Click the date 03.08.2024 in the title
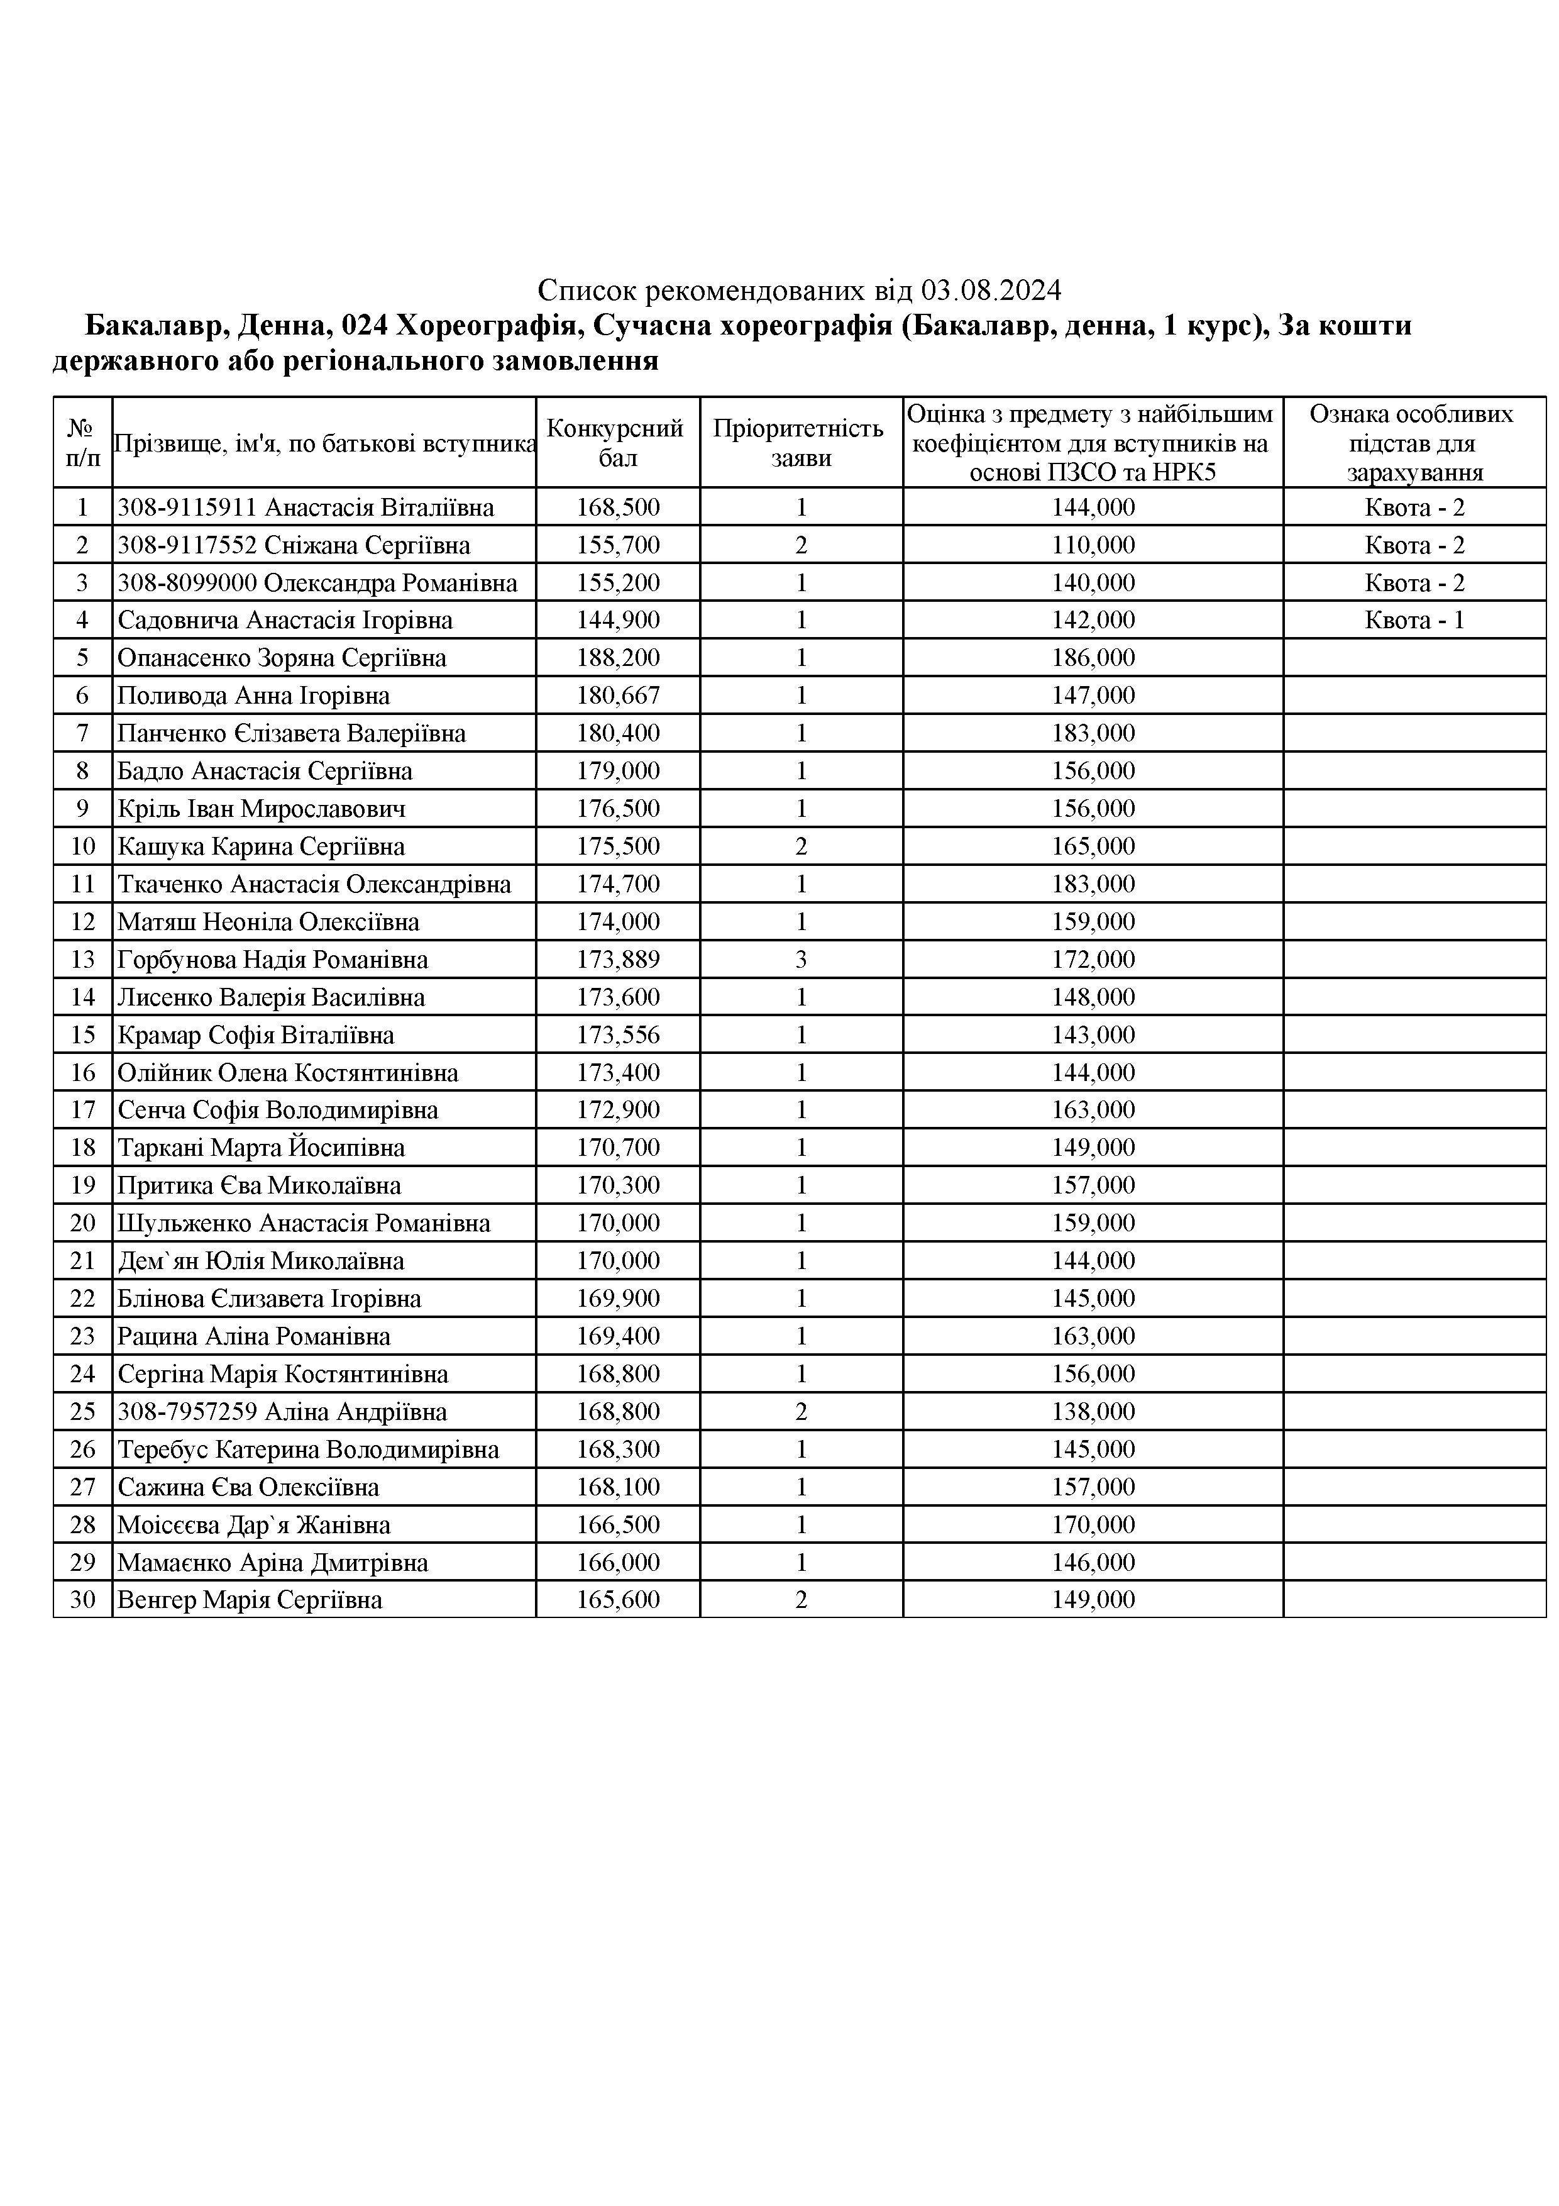coord(991,290)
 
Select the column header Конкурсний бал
coord(617,443)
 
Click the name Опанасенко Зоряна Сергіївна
coord(282,658)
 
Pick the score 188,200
coord(618,658)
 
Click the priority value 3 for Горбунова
coord(801,960)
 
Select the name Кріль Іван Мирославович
coord(262,809)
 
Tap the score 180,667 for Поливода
coord(618,696)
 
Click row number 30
coord(82,1600)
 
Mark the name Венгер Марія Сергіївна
coord(250,1600)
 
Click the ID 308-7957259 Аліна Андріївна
coord(282,1411)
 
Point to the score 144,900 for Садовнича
coord(618,621)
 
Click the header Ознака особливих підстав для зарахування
coord(1414,443)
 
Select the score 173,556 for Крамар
coord(618,1035)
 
